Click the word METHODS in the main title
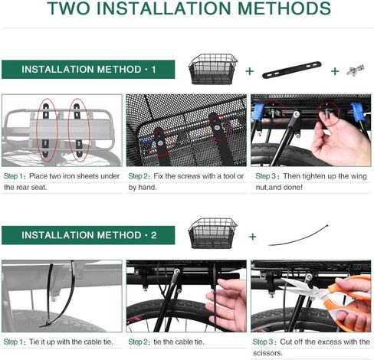click(284, 8)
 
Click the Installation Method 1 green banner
click(88, 70)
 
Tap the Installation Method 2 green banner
click(88, 235)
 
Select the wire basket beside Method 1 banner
click(213, 69)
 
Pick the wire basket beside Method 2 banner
click(212, 234)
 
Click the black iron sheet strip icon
click(292, 70)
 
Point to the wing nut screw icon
click(356, 70)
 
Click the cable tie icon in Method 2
click(298, 235)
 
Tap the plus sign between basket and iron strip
click(250, 71)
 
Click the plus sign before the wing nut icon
click(335, 71)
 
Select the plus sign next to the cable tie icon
click(253, 237)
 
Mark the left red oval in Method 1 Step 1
click(48, 130)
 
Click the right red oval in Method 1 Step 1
click(79, 130)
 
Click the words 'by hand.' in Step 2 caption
click(143, 188)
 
